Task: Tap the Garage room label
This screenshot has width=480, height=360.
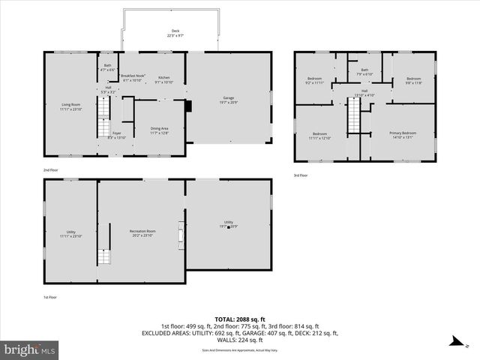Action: click(x=228, y=98)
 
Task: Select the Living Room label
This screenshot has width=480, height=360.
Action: click(x=71, y=107)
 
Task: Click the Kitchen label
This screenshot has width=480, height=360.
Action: click(x=163, y=77)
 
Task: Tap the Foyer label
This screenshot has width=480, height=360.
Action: click(x=117, y=133)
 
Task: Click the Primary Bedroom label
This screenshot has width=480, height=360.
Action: click(x=402, y=133)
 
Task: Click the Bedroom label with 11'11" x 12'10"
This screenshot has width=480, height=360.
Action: click(x=319, y=135)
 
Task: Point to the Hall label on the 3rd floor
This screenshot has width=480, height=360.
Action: click(x=364, y=91)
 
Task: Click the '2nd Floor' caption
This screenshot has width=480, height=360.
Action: click(x=52, y=170)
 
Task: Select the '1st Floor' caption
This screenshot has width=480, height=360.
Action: click(x=50, y=297)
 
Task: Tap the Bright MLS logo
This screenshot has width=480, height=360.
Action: click(x=31, y=349)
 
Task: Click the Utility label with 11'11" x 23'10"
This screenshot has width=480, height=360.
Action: click(x=71, y=233)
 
